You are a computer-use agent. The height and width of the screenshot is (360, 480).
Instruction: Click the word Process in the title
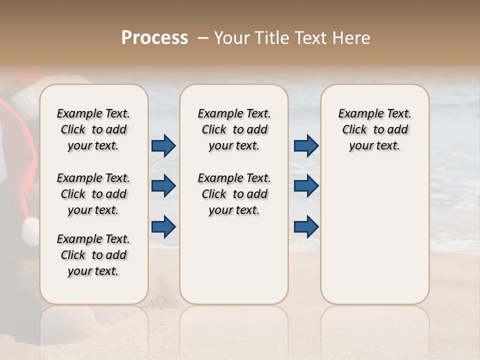tap(154, 38)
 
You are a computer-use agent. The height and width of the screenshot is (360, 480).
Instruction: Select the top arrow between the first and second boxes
tap(163, 146)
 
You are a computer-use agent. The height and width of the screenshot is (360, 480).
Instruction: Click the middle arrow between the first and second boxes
tap(163, 186)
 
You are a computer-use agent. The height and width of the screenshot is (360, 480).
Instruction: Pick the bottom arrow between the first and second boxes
tap(163, 226)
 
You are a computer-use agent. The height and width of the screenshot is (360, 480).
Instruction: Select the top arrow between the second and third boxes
tap(306, 146)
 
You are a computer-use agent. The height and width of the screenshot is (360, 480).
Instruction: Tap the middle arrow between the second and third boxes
tap(306, 186)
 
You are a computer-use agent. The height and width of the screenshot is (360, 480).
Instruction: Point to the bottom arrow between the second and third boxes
tap(306, 226)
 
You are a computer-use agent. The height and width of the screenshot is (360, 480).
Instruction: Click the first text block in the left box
tap(93, 129)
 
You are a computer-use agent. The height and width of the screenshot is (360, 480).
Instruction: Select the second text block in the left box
tap(93, 194)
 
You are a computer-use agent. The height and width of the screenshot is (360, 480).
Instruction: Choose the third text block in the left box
tap(93, 255)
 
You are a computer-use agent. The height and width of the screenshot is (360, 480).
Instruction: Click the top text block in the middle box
tap(234, 129)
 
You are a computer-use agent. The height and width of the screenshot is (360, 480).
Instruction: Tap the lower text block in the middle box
tap(234, 194)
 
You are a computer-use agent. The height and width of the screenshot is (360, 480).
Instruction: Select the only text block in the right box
tap(374, 129)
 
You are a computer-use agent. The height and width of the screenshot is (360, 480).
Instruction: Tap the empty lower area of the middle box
tap(234, 265)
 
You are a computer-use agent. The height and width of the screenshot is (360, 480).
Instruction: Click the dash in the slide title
tap(203, 38)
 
